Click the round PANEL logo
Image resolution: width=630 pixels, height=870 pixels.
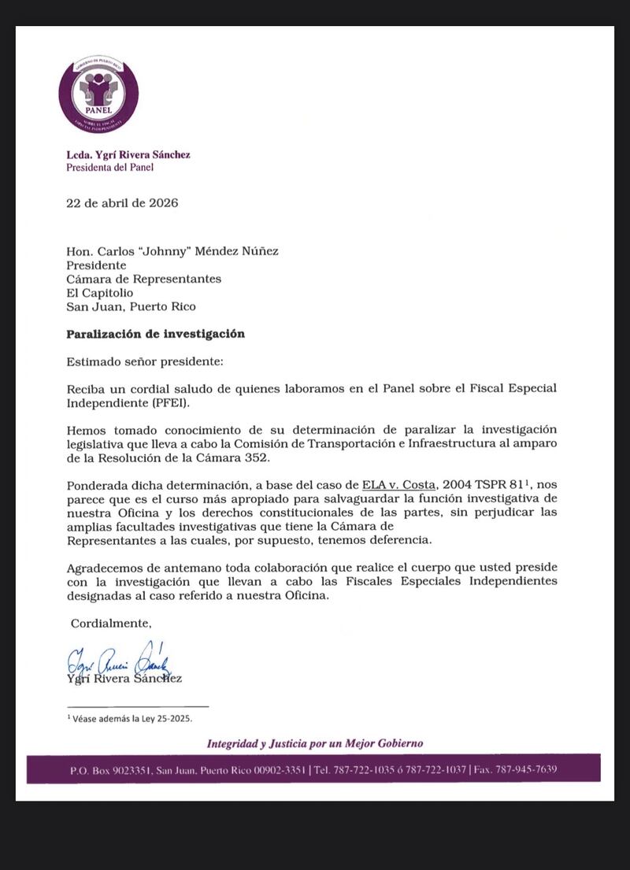(98, 94)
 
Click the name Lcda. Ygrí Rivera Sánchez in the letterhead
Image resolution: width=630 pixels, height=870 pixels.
(128, 154)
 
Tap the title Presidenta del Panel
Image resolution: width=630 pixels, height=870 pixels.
(109, 167)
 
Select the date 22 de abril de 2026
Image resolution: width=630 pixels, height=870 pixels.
(122, 203)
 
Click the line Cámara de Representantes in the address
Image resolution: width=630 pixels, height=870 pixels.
(144, 279)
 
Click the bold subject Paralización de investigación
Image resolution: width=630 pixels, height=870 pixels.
(156, 334)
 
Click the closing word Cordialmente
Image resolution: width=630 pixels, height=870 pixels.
(111, 624)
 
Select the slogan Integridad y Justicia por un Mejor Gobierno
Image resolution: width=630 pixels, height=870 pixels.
(315, 743)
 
